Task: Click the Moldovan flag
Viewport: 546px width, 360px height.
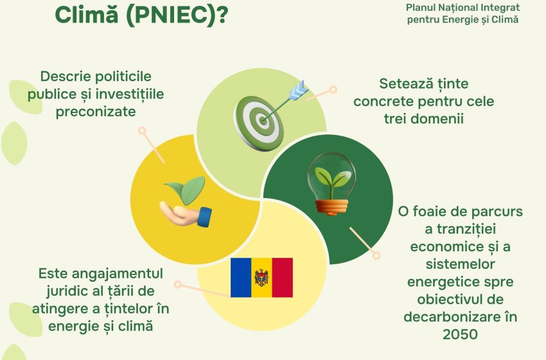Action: click(261, 278)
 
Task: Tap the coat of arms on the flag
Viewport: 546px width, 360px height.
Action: click(261, 278)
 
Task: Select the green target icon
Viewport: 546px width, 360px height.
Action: click(259, 123)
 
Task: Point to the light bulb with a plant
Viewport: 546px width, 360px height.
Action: click(331, 184)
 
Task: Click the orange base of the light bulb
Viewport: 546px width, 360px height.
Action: click(331, 207)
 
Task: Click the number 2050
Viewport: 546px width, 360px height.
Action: click(460, 334)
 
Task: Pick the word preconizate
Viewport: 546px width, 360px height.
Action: click(96, 112)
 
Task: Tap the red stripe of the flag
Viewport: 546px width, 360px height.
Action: click(283, 278)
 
